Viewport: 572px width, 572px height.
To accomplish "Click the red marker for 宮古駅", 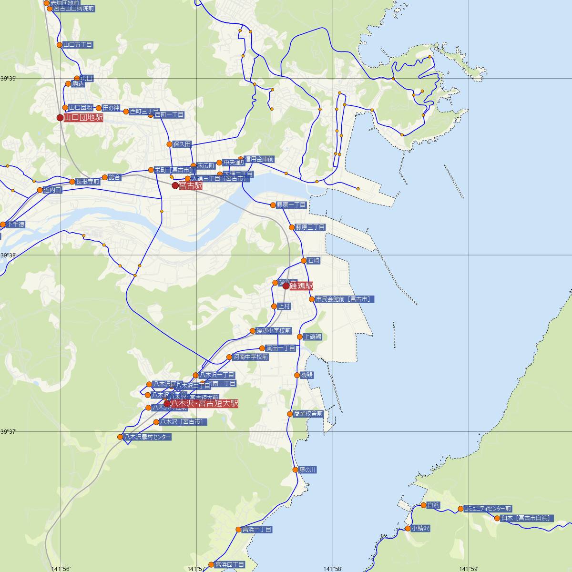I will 175,185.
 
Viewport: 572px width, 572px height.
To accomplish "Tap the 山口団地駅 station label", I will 83,117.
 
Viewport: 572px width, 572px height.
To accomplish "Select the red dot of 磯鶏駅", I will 286,286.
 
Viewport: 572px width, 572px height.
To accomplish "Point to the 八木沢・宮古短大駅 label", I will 204,403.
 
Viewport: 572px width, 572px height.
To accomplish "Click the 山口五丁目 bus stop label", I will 78,45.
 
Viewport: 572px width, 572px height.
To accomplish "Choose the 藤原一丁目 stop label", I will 291,205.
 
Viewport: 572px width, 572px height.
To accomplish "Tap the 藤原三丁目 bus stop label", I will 310,227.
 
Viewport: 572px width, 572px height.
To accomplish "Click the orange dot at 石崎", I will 304,261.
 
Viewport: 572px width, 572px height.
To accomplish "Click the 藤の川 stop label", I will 308,470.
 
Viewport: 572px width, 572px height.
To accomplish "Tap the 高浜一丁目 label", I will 257,529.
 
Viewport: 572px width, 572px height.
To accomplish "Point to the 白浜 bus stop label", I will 434,505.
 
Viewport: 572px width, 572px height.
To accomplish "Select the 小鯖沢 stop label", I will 421,529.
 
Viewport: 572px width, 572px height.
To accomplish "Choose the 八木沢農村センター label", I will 147,437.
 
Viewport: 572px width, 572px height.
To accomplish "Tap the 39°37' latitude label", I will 9,431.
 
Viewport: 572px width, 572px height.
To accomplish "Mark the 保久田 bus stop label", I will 182,144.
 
